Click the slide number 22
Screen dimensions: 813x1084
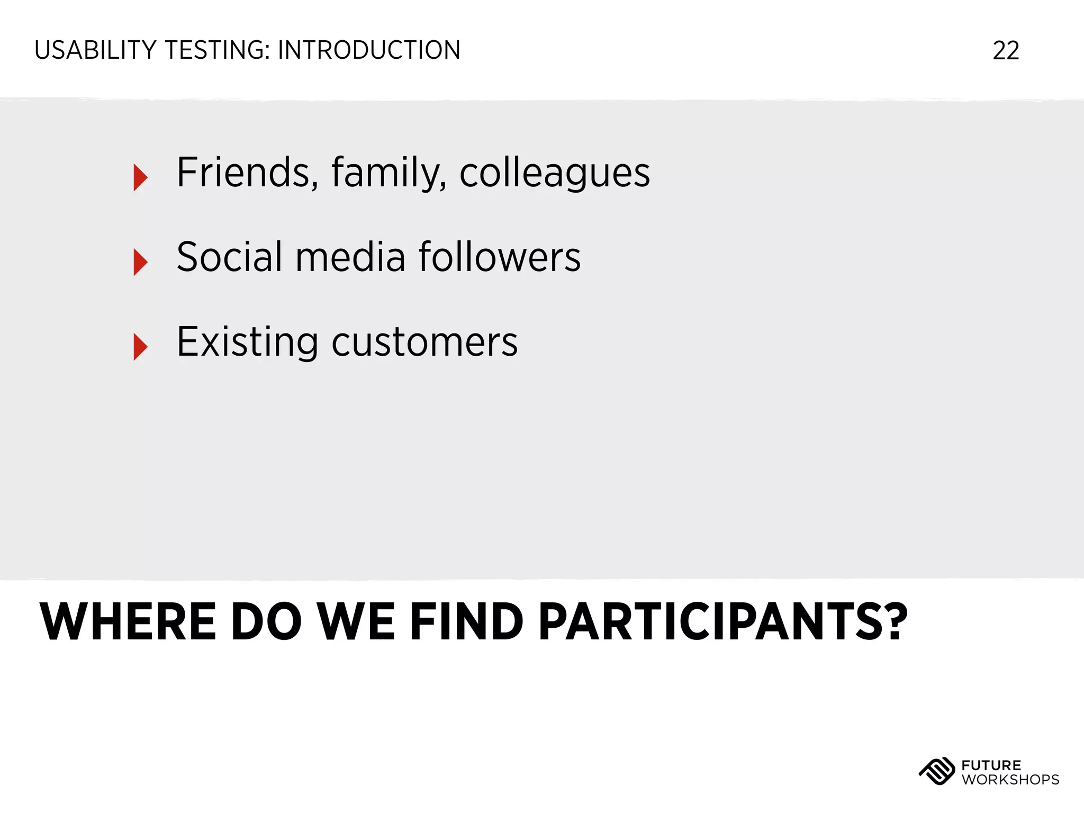pos(1006,51)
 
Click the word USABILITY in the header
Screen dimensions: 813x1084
pos(95,51)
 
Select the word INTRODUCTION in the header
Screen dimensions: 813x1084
pos(369,51)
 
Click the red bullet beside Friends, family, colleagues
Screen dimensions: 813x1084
pos(140,177)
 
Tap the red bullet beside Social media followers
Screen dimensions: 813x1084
pos(140,262)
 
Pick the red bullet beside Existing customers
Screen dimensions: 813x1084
pos(140,347)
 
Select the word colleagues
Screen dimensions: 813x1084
pos(554,173)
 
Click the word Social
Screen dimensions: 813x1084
pos(229,257)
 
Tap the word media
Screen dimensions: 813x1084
pos(350,257)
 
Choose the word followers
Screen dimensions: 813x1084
pos(499,257)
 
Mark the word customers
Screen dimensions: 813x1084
pos(424,342)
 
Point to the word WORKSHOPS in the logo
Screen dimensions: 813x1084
pos(1010,780)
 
